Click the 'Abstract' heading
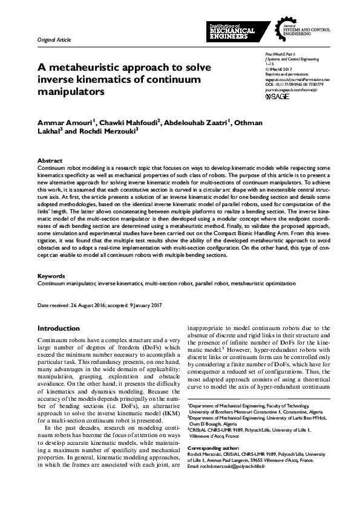(49, 161)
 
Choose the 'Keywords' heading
(51, 276)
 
